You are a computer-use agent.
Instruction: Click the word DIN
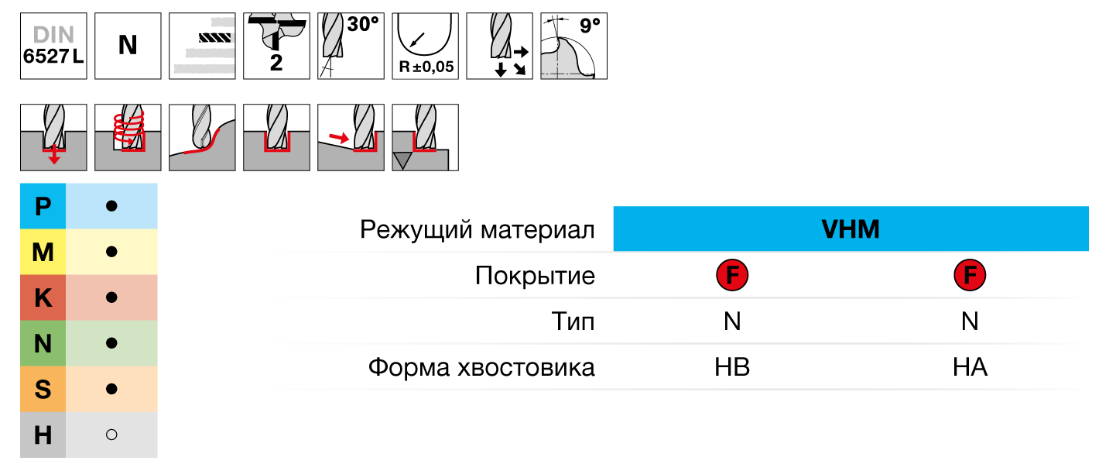click(x=53, y=35)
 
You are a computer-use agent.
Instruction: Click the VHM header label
click(x=850, y=230)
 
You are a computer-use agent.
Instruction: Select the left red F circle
click(x=731, y=275)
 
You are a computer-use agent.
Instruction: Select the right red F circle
click(x=969, y=275)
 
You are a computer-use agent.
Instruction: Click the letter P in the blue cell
click(x=43, y=207)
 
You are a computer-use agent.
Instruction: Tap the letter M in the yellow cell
click(x=43, y=253)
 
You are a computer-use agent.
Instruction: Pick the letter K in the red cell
click(x=43, y=298)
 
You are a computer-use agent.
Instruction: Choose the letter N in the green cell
click(x=43, y=343)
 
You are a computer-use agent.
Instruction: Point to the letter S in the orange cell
click(x=43, y=389)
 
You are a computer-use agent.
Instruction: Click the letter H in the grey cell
click(x=43, y=435)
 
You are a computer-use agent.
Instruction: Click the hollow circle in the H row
click(x=111, y=435)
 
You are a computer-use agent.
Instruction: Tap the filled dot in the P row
click(x=111, y=206)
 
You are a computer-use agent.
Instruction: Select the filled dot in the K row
click(x=111, y=297)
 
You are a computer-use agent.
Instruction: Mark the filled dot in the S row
click(x=111, y=388)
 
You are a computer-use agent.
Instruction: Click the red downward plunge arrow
click(x=53, y=156)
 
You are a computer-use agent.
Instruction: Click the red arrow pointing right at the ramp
click(x=338, y=138)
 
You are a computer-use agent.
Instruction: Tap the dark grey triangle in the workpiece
click(x=402, y=160)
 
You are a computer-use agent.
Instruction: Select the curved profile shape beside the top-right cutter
click(x=567, y=60)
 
